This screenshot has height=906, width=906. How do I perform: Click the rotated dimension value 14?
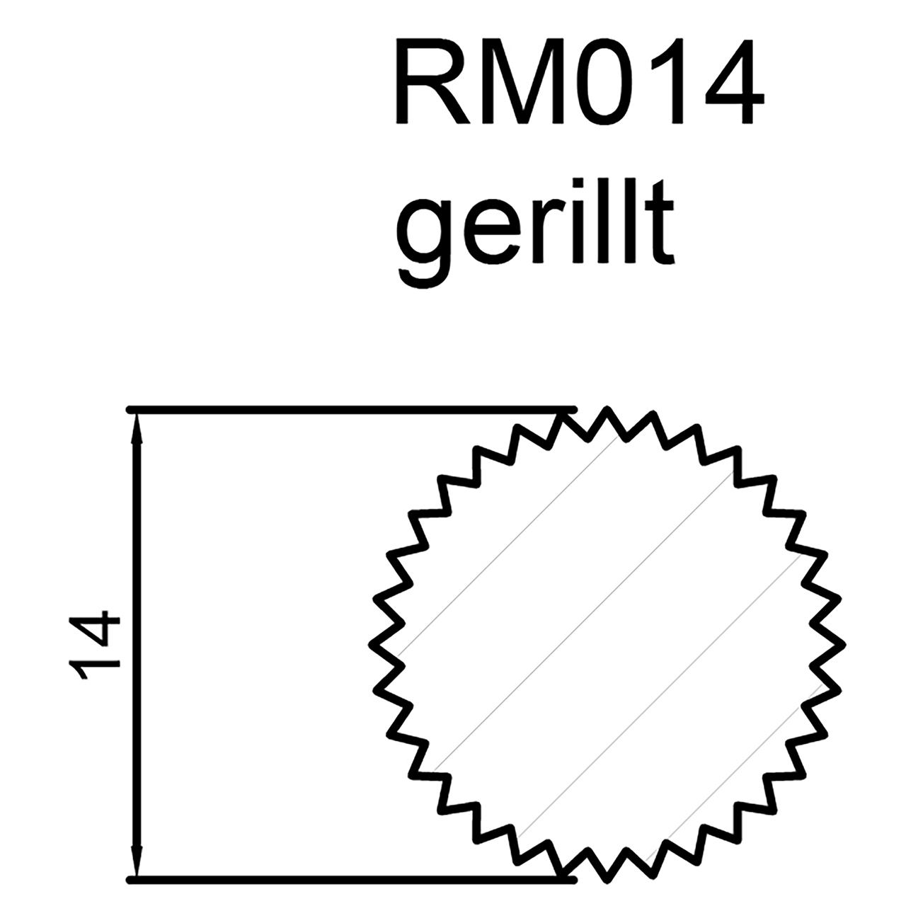(96, 644)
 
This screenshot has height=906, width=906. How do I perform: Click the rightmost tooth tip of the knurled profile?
(844, 645)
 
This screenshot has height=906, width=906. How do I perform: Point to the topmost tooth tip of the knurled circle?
(607, 410)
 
